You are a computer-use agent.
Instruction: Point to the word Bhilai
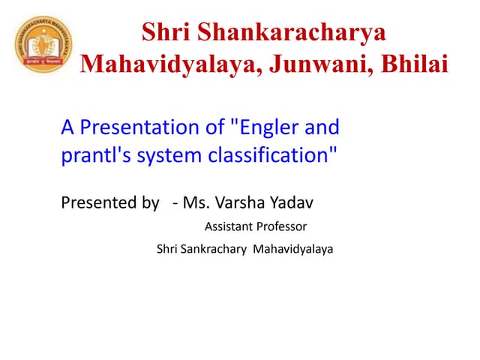pyautogui.click(x=409, y=64)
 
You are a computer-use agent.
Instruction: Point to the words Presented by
pyautogui.click(x=109, y=202)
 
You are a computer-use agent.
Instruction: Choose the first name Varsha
pyautogui.click(x=240, y=202)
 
